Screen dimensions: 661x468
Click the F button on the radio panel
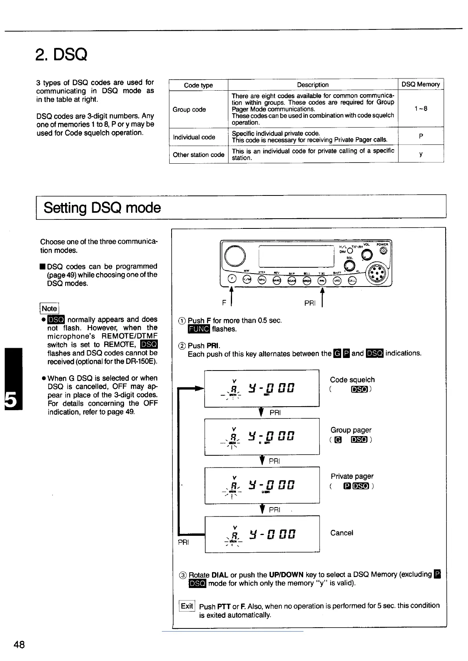tap(232, 280)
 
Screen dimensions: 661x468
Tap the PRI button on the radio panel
tap(322, 281)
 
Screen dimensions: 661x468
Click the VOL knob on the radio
tap(367, 255)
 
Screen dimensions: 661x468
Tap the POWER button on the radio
tap(384, 251)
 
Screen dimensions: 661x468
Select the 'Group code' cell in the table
tap(190, 110)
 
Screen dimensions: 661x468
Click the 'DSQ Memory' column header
tap(420, 84)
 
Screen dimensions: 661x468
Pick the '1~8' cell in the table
tap(420, 109)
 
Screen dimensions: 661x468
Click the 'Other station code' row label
tap(199, 155)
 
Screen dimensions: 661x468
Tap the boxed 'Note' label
tap(49, 309)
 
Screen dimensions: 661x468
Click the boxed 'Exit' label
tap(187, 606)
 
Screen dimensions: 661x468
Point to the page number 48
tap(19, 645)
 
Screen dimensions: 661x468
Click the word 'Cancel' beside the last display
tap(342, 533)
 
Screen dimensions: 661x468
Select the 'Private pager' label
tap(352, 476)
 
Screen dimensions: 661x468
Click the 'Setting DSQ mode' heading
tap(102, 207)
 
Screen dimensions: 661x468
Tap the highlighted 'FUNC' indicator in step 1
tap(199, 329)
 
